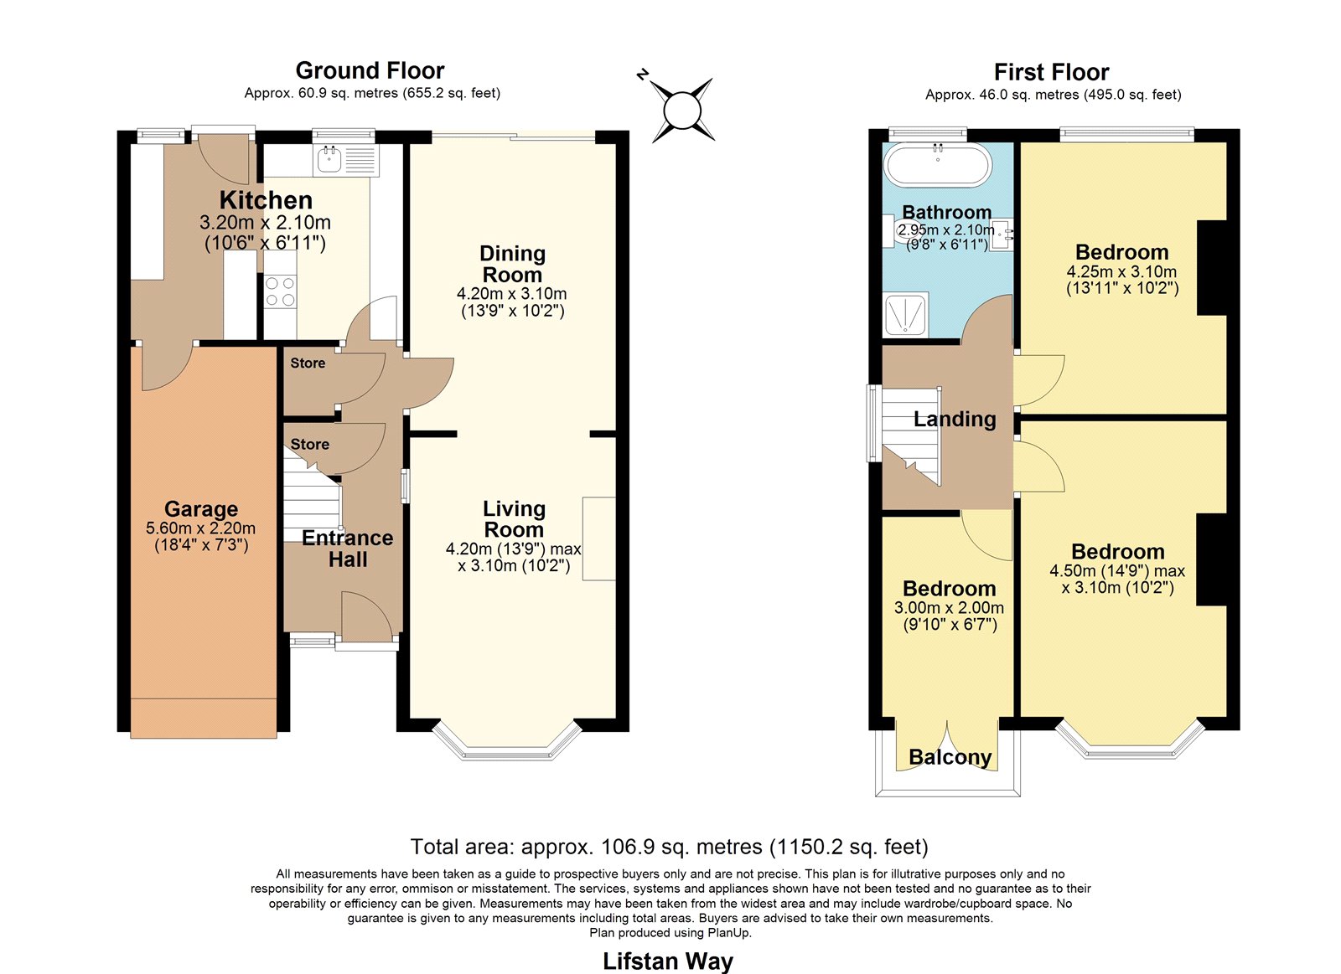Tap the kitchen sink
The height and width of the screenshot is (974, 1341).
point(346,160)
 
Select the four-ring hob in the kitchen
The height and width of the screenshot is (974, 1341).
point(280,291)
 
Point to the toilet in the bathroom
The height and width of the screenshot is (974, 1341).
point(897,230)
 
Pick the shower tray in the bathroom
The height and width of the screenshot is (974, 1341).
point(906,315)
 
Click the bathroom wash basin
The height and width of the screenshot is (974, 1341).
point(1002,234)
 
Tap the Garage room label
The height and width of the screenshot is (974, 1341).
point(201,508)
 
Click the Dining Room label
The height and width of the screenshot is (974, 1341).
point(512,264)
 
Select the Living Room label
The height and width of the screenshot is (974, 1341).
point(515,519)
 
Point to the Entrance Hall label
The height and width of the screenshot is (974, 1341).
point(348,549)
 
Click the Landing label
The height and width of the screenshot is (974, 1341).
point(955,420)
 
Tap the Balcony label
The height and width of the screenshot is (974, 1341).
point(950,757)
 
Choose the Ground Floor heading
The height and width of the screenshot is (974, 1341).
point(370,70)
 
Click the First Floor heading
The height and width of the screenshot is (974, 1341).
point(1051,72)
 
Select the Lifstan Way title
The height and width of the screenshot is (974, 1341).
point(667,961)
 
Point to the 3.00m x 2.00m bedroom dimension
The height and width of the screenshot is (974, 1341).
point(950,608)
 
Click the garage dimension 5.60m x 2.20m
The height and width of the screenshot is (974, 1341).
point(201,528)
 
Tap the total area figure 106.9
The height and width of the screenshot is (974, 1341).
point(624,848)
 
